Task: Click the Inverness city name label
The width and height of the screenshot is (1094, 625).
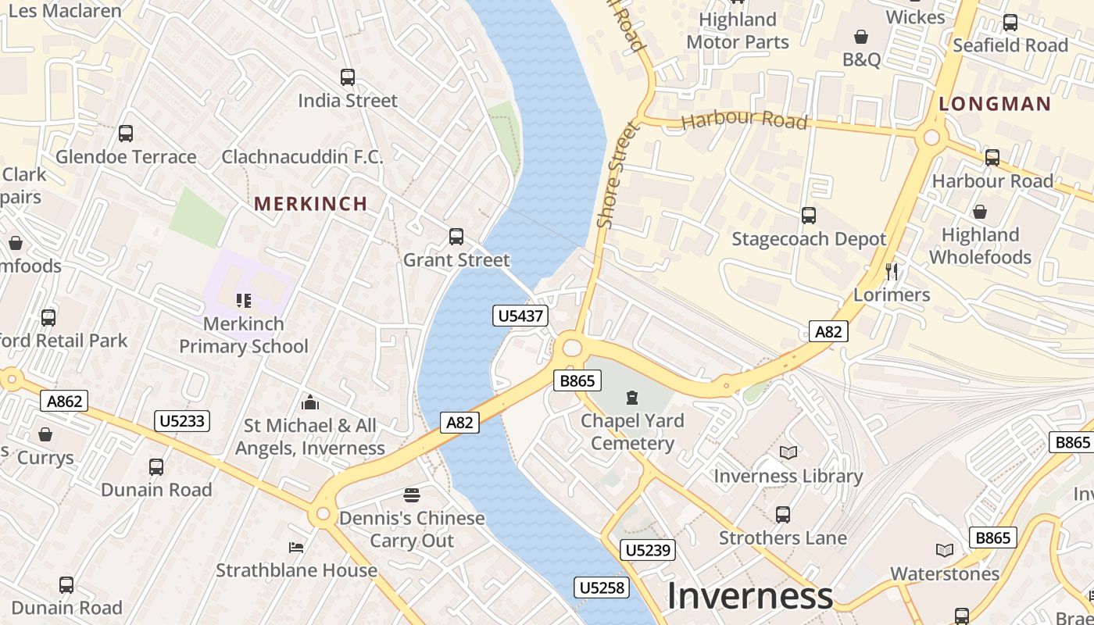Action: click(749, 596)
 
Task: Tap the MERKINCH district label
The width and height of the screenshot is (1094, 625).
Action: click(310, 204)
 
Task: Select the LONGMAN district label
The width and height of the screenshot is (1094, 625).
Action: click(995, 104)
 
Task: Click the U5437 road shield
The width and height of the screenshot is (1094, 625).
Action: click(520, 316)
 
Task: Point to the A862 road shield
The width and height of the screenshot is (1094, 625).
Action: click(64, 402)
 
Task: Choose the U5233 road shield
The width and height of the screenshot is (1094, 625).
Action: click(181, 421)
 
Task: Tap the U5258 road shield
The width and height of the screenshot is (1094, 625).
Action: click(602, 587)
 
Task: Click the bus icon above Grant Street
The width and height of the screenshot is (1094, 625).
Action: click(456, 236)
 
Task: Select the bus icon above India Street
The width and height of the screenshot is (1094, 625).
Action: click(348, 77)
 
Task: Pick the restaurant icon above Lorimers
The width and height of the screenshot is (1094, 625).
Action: click(891, 272)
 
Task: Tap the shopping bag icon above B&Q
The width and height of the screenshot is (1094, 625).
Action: click(861, 37)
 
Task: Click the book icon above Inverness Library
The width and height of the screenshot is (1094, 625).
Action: click(788, 452)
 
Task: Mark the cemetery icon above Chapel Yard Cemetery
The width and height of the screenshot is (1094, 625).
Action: click(631, 398)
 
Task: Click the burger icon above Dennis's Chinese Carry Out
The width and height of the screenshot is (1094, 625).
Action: click(412, 495)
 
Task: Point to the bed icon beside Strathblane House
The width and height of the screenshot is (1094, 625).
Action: click(296, 547)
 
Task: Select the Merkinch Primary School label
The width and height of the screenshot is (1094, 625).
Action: click(244, 334)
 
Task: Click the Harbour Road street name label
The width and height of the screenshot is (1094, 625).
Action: click(744, 120)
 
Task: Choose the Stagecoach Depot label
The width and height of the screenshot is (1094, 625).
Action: click(809, 239)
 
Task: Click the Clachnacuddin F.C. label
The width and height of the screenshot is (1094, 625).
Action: click(302, 157)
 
